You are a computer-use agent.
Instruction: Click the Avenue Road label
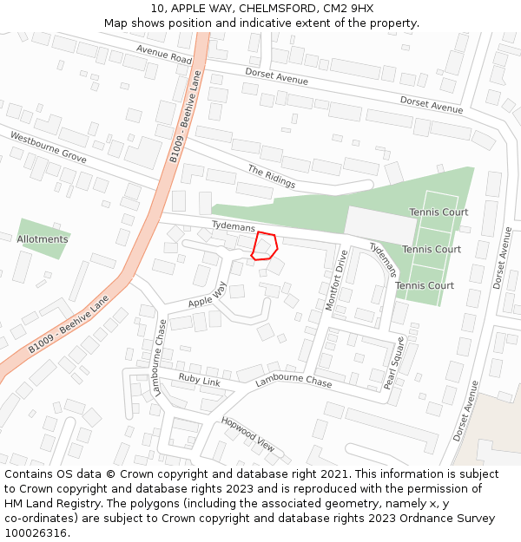[x=164, y=54]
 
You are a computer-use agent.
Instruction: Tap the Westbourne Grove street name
[x=49, y=147]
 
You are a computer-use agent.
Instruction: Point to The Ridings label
[x=271, y=177]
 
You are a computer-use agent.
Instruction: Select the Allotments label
[x=43, y=239]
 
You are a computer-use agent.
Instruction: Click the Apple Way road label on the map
[x=208, y=295]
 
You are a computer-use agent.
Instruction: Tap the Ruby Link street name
[x=200, y=379]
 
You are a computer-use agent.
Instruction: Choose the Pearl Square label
[x=395, y=362]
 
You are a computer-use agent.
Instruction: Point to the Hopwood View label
[x=247, y=434]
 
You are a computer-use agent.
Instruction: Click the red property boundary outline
[x=264, y=246]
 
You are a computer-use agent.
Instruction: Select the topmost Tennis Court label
[x=439, y=212]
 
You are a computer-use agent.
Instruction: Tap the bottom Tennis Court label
[x=425, y=285]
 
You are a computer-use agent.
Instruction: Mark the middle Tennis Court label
[x=432, y=250]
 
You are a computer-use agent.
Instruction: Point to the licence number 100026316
[x=36, y=532]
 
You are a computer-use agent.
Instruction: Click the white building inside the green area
[x=381, y=225]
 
